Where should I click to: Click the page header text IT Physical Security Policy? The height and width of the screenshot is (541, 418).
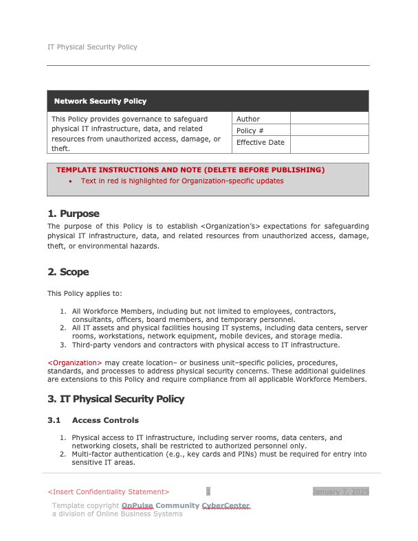click(x=92, y=47)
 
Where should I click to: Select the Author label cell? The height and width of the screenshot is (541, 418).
click(x=248, y=119)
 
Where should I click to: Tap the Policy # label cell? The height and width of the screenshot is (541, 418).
click(x=246, y=130)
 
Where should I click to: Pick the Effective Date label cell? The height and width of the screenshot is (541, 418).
click(x=260, y=143)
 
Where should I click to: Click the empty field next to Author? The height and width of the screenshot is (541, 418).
click(x=329, y=119)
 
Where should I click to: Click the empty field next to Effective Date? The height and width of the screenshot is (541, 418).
click(x=329, y=143)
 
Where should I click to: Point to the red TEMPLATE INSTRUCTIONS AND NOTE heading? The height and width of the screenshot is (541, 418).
click(x=190, y=170)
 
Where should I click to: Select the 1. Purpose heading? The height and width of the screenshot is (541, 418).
click(x=74, y=214)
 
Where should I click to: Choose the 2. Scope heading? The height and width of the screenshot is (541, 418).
click(x=68, y=272)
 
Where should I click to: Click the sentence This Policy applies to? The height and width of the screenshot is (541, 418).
click(x=85, y=294)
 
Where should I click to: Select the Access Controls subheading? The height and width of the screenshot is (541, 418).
click(x=105, y=420)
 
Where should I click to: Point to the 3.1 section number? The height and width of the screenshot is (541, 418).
click(x=54, y=420)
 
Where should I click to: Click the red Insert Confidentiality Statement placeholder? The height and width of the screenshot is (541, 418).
click(x=108, y=492)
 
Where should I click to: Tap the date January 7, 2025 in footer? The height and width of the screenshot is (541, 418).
click(x=341, y=492)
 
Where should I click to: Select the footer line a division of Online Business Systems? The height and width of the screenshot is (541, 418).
click(x=118, y=514)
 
